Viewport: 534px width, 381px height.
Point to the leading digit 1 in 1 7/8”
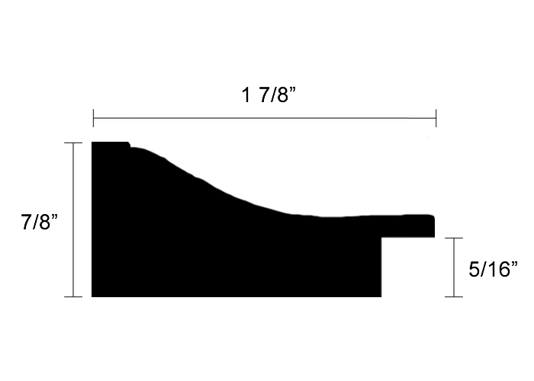[x=246, y=97]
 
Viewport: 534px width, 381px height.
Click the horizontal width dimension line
[x=264, y=118]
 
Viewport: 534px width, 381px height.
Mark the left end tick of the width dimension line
[x=93, y=118]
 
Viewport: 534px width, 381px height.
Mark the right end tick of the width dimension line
[x=436, y=118]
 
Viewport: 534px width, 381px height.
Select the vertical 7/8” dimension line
[x=73, y=219]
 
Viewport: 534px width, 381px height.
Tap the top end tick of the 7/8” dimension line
[x=73, y=142]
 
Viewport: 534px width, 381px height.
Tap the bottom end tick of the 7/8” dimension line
[x=73, y=296]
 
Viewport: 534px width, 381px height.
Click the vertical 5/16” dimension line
[x=455, y=267]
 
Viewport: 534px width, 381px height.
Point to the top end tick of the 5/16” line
[x=455, y=238]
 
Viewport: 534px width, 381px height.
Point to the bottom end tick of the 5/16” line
[x=455, y=296]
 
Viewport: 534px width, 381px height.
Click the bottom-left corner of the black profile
[x=93, y=295]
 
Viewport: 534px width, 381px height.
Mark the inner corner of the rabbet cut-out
[x=381, y=238]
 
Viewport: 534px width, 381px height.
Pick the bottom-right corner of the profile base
[x=380, y=295]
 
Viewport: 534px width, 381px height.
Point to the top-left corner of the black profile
[x=93, y=143]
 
